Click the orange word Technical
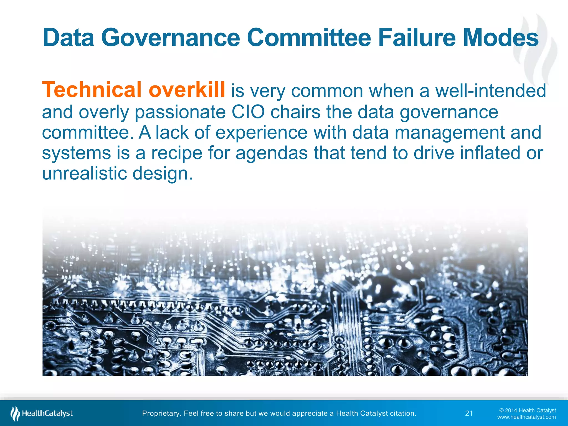tap(92, 90)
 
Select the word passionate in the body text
tap(180, 113)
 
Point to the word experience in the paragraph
tap(261, 133)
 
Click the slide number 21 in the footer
tap(469, 414)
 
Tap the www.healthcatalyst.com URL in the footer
tap(526, 417)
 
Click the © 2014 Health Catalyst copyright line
tap(528, 410)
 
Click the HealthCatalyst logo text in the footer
tap(47, 414)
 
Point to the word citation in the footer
tap(403, 414)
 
